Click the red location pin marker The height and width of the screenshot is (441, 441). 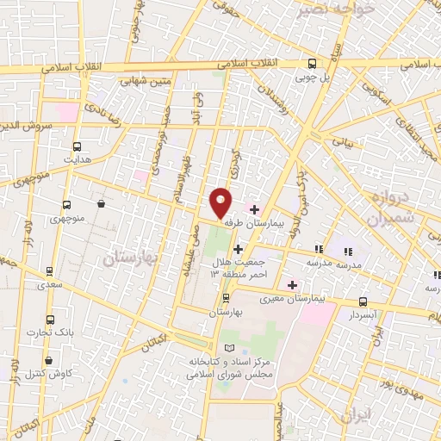(222, 202)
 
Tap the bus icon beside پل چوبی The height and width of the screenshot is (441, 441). (312, 63)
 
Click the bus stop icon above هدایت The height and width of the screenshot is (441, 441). (78, 146)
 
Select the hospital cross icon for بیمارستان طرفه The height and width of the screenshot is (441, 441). (254, 208)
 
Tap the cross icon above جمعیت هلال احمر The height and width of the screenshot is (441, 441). (238, 250)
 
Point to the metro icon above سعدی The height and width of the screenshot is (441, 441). (50, 270)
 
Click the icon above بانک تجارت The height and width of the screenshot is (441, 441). (50, 319)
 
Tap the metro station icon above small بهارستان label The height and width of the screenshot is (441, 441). (226, 298)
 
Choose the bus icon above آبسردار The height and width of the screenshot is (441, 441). (363, 301)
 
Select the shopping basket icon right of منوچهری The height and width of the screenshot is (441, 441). (102, 204)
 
